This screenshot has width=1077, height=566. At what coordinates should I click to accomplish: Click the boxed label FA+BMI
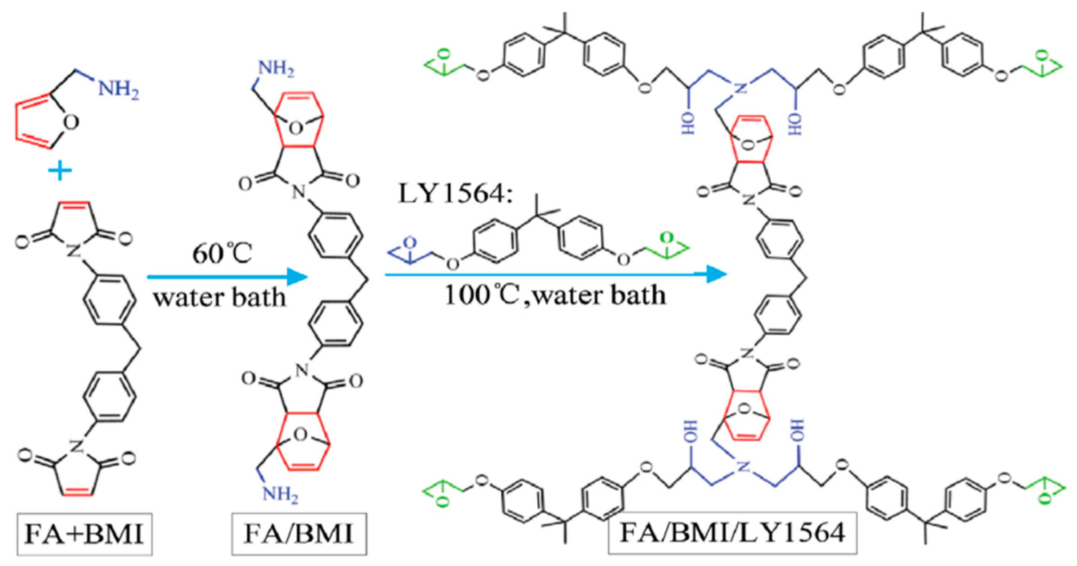tap(84, 534)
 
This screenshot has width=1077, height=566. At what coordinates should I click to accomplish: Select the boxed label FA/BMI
tap(299, 534)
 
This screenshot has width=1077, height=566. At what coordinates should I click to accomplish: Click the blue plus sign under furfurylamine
tap(60, 172)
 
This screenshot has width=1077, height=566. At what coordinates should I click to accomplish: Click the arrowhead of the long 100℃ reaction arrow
tap(716, 274)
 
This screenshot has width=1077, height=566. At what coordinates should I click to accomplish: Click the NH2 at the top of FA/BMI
tap(276, 69)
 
